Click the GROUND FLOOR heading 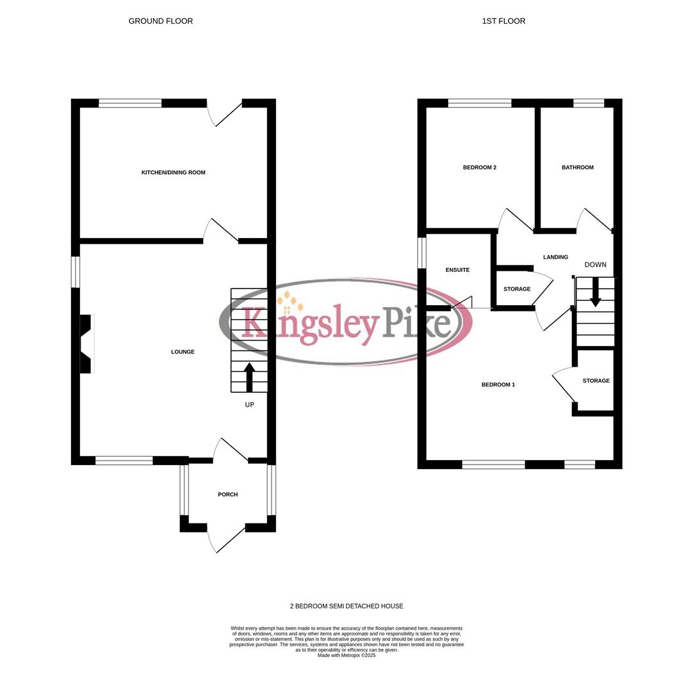(x=161, y=21)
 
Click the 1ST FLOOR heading (x=503, y=21)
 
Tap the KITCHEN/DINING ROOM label (x=173, y=173)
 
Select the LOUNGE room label (x=183, y=352)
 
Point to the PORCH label (x=227, y=495)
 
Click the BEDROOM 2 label (x=480, y=168)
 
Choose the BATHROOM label (x=577, y=168)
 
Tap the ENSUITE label (x=457, y=270)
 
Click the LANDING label (x=555, y=257)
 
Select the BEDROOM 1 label (x=498, y=385)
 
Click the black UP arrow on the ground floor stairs (x=249, y=377)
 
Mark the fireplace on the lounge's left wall (x=86, y=344)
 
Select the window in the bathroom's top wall (x=589, y=103)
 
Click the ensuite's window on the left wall (x=421, y=253)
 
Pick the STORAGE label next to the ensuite (x=516, y=289)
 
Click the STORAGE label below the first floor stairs (x=596, y=381)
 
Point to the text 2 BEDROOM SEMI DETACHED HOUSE (x=346, y=606)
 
